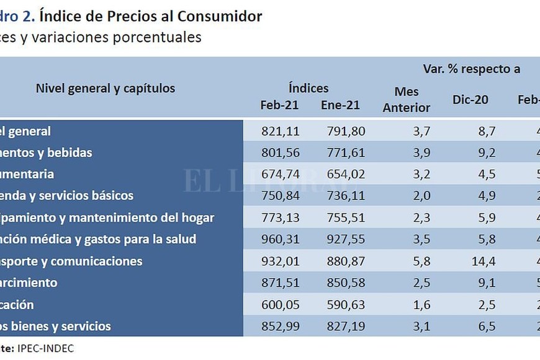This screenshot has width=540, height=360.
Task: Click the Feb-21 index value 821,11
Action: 279,131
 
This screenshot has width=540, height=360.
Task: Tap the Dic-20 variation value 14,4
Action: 483,261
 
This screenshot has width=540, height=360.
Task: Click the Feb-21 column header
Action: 279,105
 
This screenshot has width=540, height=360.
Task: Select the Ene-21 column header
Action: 340,105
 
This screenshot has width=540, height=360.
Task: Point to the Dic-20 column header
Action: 470,99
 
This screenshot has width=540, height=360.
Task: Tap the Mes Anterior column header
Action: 407,99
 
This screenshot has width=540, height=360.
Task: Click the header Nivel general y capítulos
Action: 106,88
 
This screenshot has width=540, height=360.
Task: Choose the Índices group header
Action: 308,88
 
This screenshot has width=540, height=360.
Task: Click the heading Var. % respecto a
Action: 472,68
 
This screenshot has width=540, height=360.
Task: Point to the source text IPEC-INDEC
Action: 47,348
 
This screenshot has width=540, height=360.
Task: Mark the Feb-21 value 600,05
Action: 279,305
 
